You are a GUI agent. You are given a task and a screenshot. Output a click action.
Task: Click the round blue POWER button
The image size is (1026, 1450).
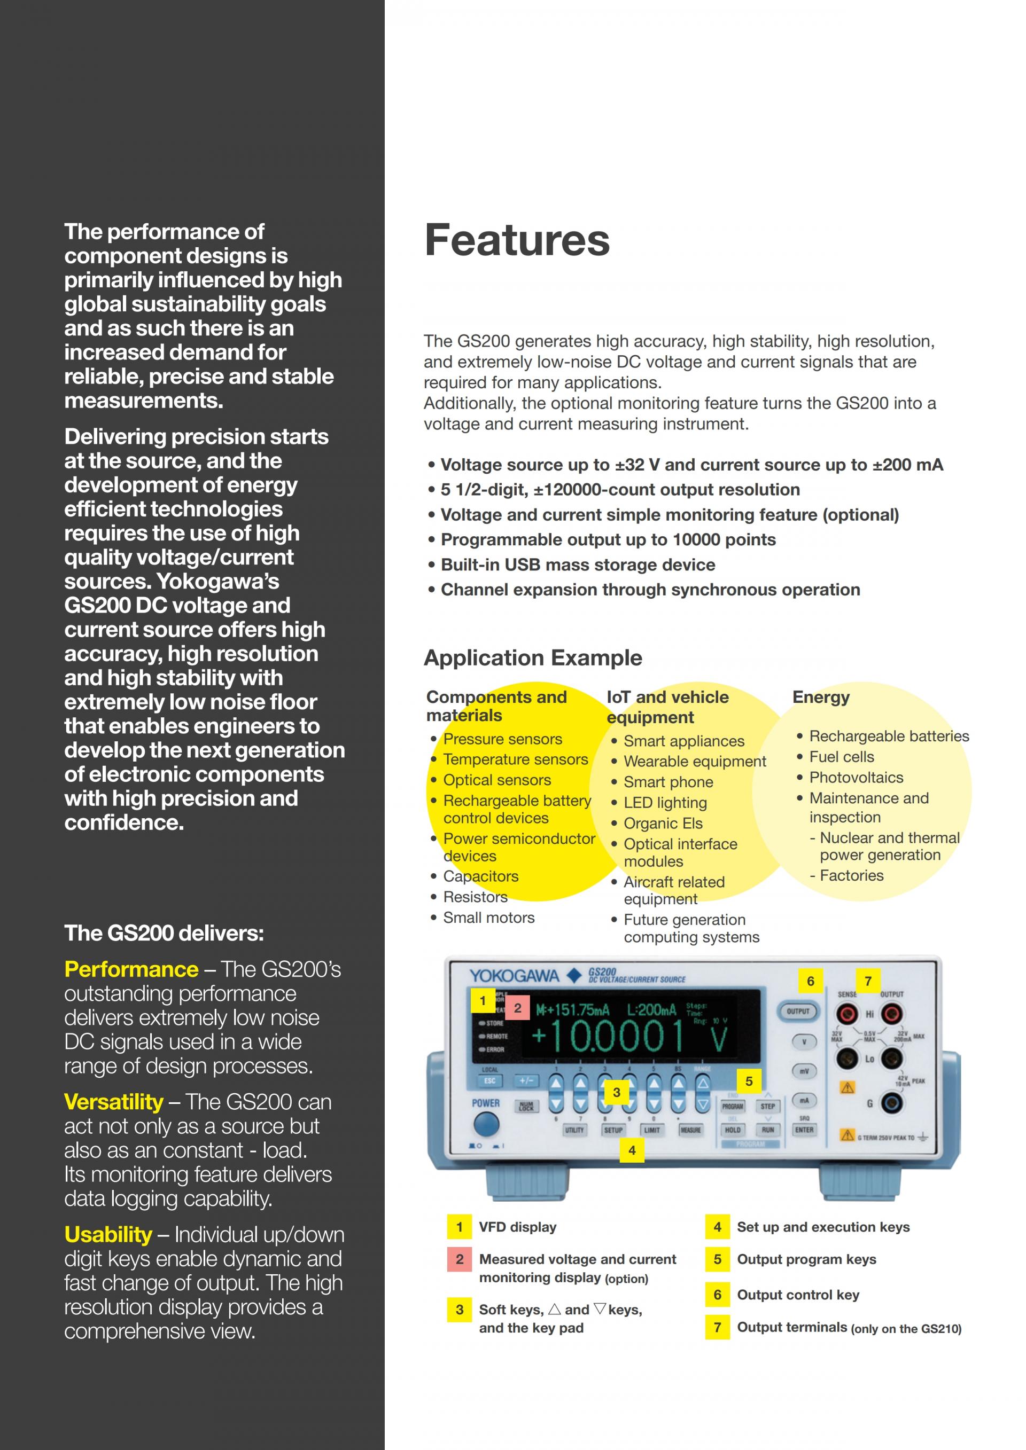click(486, 1124)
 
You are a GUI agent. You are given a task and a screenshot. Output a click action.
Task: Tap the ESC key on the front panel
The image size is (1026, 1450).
click(489, 1080)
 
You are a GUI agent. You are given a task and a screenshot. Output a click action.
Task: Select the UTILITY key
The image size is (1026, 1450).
click(574, 1130)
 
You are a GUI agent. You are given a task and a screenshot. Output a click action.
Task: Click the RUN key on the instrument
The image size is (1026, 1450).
click(767, 1130)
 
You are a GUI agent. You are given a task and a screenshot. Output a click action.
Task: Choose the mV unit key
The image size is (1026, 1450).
click(804, 1071)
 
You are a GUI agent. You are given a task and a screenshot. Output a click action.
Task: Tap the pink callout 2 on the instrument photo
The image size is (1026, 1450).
click(517, 1008)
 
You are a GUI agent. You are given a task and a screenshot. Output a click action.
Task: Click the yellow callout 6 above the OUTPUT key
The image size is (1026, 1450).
click(811, 981)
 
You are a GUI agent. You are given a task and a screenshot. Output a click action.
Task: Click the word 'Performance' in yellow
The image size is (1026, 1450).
click(131, 969)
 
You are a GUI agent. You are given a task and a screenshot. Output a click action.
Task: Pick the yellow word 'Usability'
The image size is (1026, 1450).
click(108, 1235)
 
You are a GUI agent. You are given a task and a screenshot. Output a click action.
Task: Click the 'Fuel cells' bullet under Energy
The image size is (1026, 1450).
click(842, 757)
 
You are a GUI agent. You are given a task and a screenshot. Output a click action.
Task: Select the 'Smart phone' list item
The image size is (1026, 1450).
click(668, 782)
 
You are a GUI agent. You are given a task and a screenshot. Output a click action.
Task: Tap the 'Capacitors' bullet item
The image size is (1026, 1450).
click(480, 876)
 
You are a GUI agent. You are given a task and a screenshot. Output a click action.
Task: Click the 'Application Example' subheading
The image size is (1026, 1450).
click(533, 657)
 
